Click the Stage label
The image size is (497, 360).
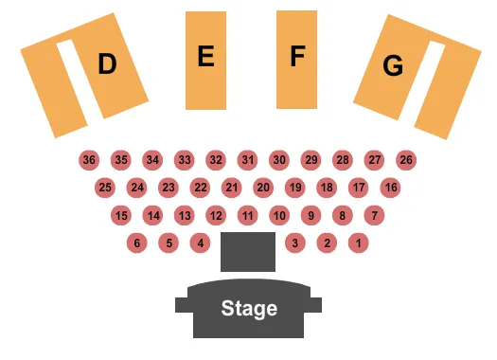pos(249,309)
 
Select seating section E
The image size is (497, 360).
pos(205,60)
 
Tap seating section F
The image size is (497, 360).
pos(296,59)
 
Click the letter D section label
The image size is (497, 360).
pos(107,64)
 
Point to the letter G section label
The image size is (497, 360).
pos(392,66)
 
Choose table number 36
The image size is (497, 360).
pos(89,160)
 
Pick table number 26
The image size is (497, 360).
pos(406,160)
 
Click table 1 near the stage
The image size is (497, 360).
pos(358,243)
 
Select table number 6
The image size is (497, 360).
pos(136,243)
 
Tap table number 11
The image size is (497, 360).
pos(247,216)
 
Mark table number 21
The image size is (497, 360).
pos(231,188)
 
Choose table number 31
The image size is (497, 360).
pos(247,160)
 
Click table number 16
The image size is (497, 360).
pos(390,188)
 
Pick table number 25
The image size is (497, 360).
pos(105,188)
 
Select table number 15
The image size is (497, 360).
pos(120,216)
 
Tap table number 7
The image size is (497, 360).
pos(374,216)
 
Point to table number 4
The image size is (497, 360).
pos(200,243)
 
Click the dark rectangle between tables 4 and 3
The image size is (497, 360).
pos(247,251)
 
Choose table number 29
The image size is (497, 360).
pos(311,160)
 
